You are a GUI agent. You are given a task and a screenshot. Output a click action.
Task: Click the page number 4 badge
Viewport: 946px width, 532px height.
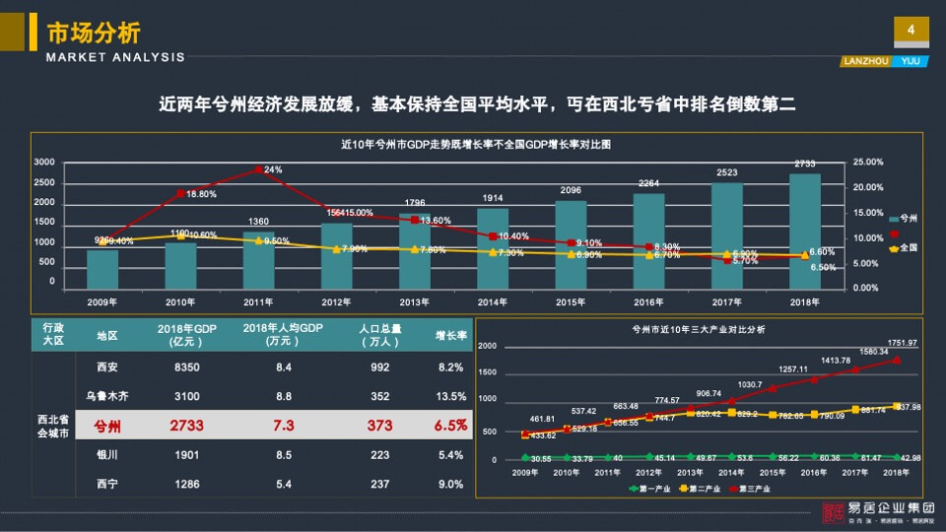tap(911, 32)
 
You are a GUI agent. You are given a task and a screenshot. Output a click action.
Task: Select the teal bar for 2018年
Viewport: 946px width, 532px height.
tap(804, 231)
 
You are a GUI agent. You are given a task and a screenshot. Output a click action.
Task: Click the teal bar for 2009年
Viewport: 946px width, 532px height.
tap(102, 268)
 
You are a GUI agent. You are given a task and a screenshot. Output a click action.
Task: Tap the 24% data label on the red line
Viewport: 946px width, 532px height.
tap(273, 169)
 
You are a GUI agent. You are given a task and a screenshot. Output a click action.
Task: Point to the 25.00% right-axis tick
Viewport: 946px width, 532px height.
tap(869, 162)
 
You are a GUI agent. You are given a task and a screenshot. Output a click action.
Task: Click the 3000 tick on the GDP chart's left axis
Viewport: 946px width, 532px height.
tap(44, 162)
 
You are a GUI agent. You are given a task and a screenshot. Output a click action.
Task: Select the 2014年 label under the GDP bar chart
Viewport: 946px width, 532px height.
tap(492, 302)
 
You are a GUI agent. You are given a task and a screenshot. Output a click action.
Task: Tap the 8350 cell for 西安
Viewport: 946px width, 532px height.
tap(186, 367)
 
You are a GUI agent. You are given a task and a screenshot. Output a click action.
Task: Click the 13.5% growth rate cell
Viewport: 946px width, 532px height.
tap(451, 396)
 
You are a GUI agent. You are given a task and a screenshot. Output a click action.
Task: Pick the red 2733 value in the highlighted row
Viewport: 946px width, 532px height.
tap(186, 426)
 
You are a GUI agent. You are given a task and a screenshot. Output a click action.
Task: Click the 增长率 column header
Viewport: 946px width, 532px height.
tap(451, 335)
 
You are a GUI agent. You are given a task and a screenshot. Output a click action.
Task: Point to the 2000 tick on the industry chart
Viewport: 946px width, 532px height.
tap(488, 347)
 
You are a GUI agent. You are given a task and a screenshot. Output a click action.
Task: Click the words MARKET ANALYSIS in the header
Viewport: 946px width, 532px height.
tap(115, 57)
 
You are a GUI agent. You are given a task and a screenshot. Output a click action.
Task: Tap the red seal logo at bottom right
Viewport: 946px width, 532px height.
tap(835, 512)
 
